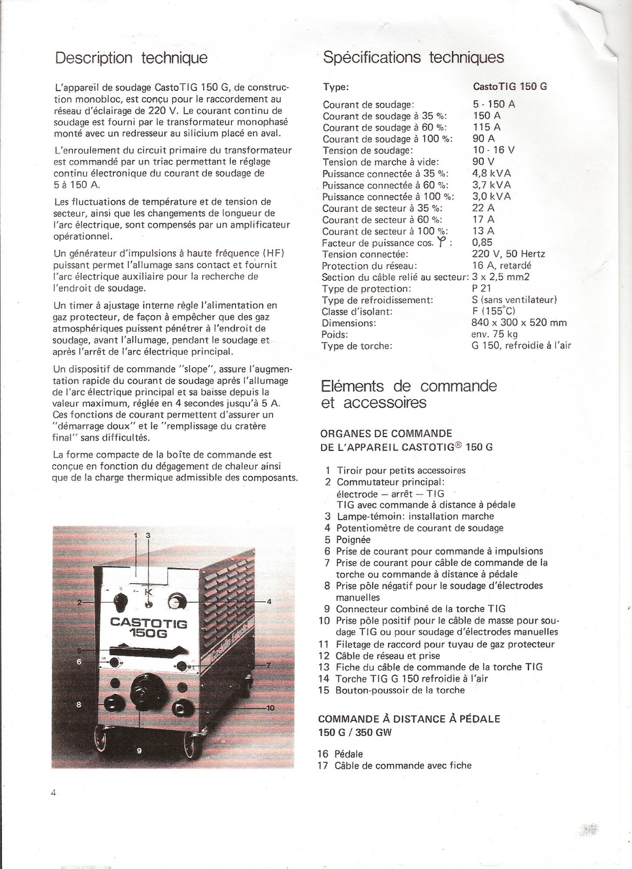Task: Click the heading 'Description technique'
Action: click(131, 58)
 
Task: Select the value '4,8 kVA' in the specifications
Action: click(492, 173)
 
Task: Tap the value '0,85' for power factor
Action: click(482, 242)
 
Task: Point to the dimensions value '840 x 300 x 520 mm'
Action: click(519, 323)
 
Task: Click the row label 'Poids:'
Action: click(335, 335)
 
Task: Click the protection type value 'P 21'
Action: click(481, 289)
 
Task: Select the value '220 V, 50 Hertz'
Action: click(508, 254)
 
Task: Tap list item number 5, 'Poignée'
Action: click(353, 540)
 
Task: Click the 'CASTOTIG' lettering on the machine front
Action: click(149, 623)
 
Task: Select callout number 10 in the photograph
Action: click(270, 708)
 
